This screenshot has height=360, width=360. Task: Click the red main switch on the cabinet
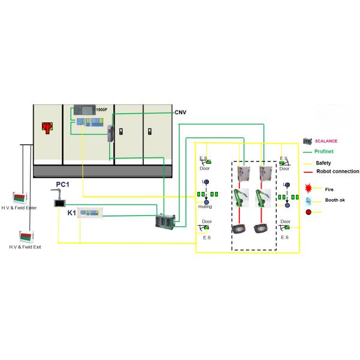click(46, 127)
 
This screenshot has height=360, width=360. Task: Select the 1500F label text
click(101, 110)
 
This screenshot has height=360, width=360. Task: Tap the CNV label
click(181, 112)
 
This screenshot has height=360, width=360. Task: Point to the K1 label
click(71, 213)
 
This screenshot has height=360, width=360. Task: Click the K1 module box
click(95, 213)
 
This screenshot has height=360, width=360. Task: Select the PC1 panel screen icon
click(59, 203)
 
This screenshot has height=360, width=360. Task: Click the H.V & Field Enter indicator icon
click(20, 197)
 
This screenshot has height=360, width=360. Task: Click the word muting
click(205, 206)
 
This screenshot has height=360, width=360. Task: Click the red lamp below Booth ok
click(308, 212)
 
